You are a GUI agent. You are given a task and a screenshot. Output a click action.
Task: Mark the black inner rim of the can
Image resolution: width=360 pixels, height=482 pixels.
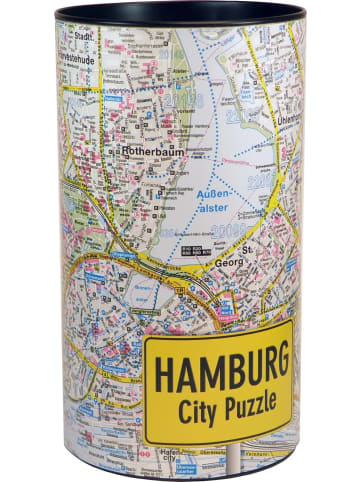pos(180,16)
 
